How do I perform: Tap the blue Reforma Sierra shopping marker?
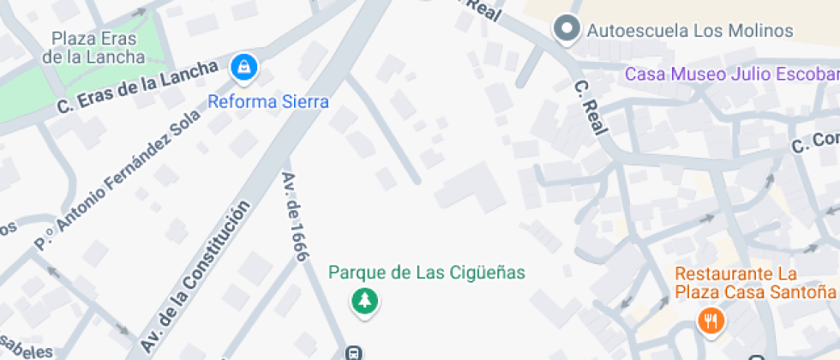[245, 68]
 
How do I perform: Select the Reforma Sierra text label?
[268, 102]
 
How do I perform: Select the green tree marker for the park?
[366, 302]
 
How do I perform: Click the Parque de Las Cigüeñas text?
[426, 273]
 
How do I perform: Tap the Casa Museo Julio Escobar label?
[731, 74]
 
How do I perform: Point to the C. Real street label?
[591, 107]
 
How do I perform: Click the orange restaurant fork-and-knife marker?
[711, 321]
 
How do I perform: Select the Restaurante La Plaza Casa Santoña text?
[754, 283]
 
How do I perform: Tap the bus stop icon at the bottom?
[352, 352]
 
